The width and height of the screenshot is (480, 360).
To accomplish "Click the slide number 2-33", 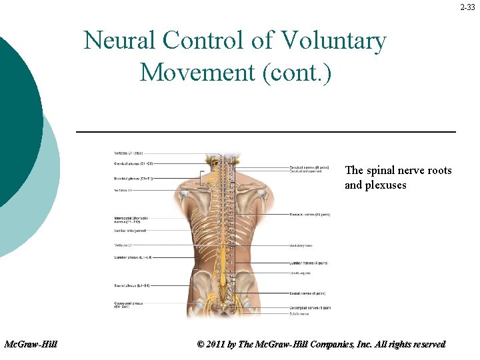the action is (x=469, y=7).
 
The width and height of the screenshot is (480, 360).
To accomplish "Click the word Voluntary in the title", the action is (x=333, y=41).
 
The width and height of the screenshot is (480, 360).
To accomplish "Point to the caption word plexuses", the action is (x=385, y=185).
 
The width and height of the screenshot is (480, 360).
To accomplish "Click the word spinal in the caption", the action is (x=385, y=171).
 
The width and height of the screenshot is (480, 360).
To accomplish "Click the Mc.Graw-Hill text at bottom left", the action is (x=31, y=344).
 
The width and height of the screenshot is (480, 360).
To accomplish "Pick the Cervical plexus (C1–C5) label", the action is (x=134, y=163).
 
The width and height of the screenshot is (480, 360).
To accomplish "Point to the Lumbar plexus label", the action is (x=133, y=257).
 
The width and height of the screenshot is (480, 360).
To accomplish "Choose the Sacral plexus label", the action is (x=132, y=285).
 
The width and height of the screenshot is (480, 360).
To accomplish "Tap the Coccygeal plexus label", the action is (x=131, y=305).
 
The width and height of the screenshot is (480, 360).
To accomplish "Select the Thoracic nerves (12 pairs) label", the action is (x=309, y=215).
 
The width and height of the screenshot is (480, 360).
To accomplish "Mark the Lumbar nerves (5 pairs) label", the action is (x=308, y=263).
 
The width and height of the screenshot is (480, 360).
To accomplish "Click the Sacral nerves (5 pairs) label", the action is (x=307, y=293).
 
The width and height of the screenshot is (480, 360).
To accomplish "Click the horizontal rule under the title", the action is (x=266, y=132).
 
